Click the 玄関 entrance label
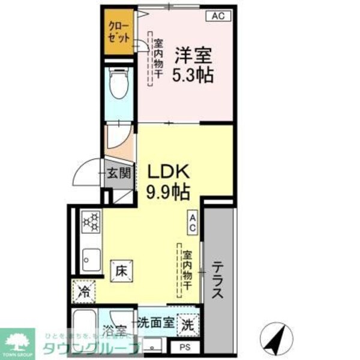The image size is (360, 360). point(119,174)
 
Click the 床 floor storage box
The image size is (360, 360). point(121,271)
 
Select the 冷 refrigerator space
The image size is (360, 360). point(85,293)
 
